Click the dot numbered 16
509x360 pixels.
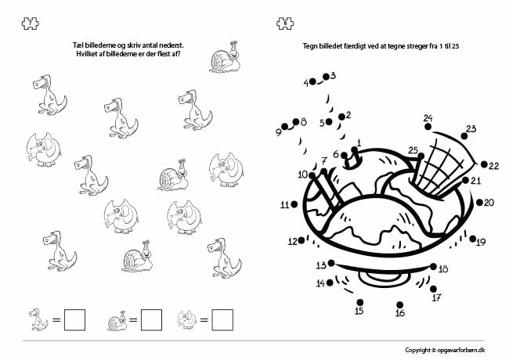click(399, 305)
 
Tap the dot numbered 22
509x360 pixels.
click(484, 164)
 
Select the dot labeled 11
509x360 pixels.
click(294, 204)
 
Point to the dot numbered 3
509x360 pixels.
click(326, 77)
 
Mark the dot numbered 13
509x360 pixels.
click(331, 263)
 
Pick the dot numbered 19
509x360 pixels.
click(473, 239)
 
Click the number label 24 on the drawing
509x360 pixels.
click(428, 118)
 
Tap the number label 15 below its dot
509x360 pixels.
click(359, 311)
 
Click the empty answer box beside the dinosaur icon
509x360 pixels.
click(74, 320)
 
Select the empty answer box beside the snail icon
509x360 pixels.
click(151, 320)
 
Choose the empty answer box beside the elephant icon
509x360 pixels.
click(222, 320)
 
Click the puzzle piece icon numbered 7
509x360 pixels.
click(31, 23)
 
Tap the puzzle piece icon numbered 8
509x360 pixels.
click(285, 23)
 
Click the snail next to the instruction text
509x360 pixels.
click(225, 57)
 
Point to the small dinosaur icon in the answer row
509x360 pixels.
click(38, 319)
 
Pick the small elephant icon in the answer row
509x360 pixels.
click(187, 319)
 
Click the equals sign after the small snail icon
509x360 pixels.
click(133, 320)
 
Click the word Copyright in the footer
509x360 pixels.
click(417, 351)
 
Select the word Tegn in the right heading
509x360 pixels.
click(309, 46)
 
